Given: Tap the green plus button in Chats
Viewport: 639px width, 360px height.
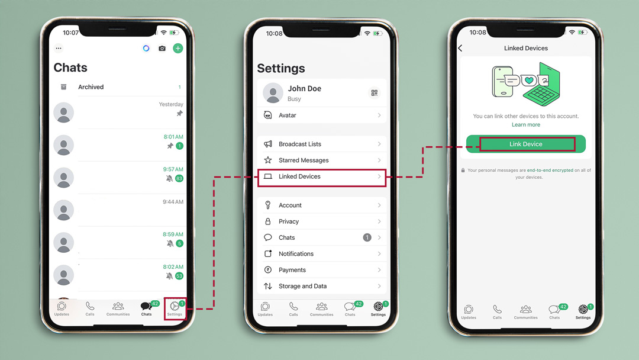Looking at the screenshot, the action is coord(177,48).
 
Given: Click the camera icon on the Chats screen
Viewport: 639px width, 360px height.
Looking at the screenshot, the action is coord(162,48).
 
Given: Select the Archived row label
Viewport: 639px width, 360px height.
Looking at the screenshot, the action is coord(91,87).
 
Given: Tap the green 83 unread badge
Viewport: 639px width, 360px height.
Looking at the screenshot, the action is coord(179,179).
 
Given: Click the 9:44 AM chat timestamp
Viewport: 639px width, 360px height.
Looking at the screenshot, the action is coord(173,202).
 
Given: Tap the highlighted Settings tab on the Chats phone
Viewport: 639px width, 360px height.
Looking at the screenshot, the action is coord(175,308).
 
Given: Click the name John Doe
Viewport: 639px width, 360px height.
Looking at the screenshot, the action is coord(305,88).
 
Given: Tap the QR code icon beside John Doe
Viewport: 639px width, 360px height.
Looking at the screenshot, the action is coord(374,93).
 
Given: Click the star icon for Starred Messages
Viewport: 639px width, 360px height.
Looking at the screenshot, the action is coord(268,160).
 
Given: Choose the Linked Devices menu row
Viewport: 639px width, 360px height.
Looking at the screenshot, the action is coord(322,177).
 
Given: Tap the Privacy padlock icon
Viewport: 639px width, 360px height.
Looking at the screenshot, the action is coord(268,221).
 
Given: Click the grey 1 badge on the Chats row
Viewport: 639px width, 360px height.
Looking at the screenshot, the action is coord(367,237).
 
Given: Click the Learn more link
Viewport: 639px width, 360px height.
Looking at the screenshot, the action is coord(526,125).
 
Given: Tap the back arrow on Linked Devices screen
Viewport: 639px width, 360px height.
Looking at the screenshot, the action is coord(460,48).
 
